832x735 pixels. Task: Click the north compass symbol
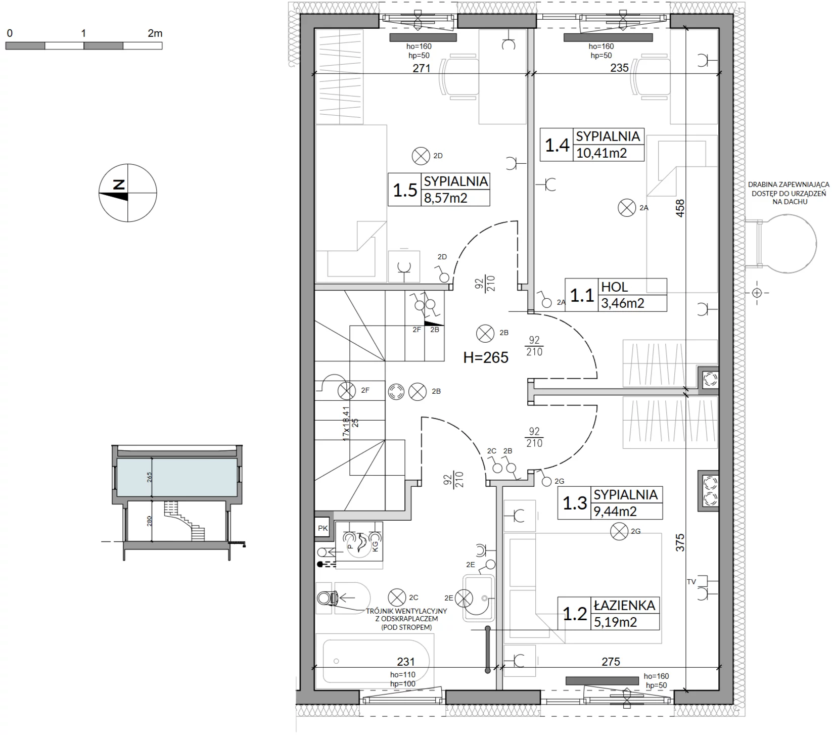click(x=128, y=193)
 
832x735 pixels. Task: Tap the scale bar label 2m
click(x=155, y=33)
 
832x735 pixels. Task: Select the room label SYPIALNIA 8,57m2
click(x=439, y=190)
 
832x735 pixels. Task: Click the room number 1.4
click(x=557, y=145)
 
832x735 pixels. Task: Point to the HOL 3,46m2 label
click(x=616, y=295)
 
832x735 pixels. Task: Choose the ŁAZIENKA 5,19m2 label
click(x=609, y=613)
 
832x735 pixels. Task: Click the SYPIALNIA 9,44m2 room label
click(x=610, y=503)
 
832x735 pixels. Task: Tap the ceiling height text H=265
click(x=486, y=357)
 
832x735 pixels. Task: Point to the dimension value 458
click(x=680, y=209)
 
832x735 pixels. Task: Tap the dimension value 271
click(x=421, y=68)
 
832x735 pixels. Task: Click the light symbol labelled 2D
click(x=420, y=156)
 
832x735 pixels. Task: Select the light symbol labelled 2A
click(x=627, y=207)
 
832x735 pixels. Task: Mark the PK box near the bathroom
click(x=322, y=528)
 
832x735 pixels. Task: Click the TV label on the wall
click(x=691, y=582)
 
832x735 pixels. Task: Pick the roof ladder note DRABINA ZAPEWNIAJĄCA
click(x=782, y=185)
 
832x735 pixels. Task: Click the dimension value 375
click(x=680, y=542)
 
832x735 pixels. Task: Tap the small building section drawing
click(x=177, y=501)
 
